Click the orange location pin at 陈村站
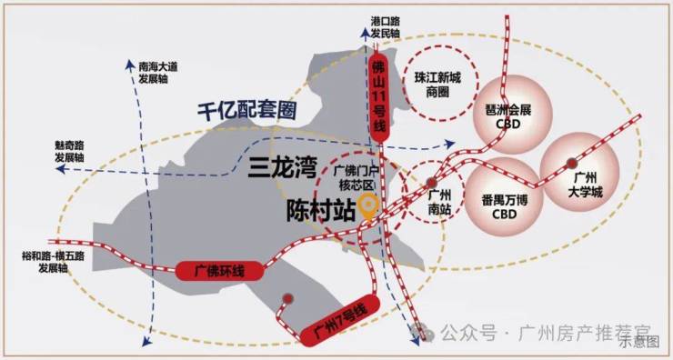click(367, 206)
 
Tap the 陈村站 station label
click(321, 211)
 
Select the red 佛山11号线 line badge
click(378, 98)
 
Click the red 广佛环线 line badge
click(219, 271)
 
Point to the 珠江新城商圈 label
click(437, 85)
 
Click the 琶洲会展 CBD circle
click(512, 115)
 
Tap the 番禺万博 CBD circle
click(505, 196)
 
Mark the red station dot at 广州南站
click(432, 183)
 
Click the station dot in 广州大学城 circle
click(571, 163)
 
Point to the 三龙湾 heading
click(283, 168)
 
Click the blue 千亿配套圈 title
click(247, 111)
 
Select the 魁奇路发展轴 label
click(69, 152)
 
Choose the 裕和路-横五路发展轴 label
click(54, 262)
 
